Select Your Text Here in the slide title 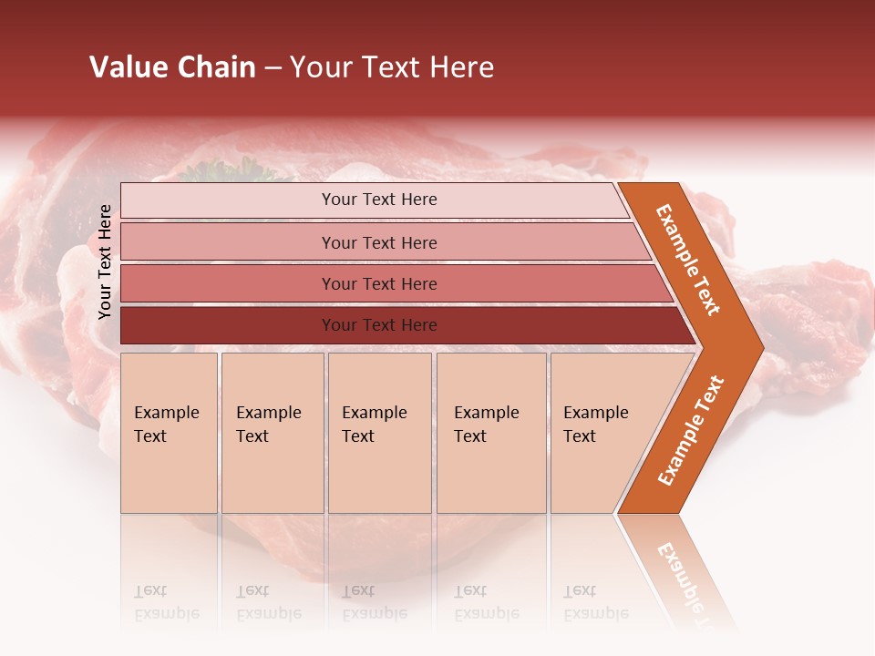click(x=392, y=67)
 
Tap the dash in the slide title click(x=273, y=68)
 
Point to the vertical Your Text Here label click(x=105, y=261)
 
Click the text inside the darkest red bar click(x=379, y=325)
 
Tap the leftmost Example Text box click(x=169, y=432)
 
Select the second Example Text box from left click(x=272, y=432)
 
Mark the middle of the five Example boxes click(x=379, y=432)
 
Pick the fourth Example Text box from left click(x=490, y=432)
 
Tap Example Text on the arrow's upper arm click(x=688, y=260)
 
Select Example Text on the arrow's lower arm click(x=691, y=430)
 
